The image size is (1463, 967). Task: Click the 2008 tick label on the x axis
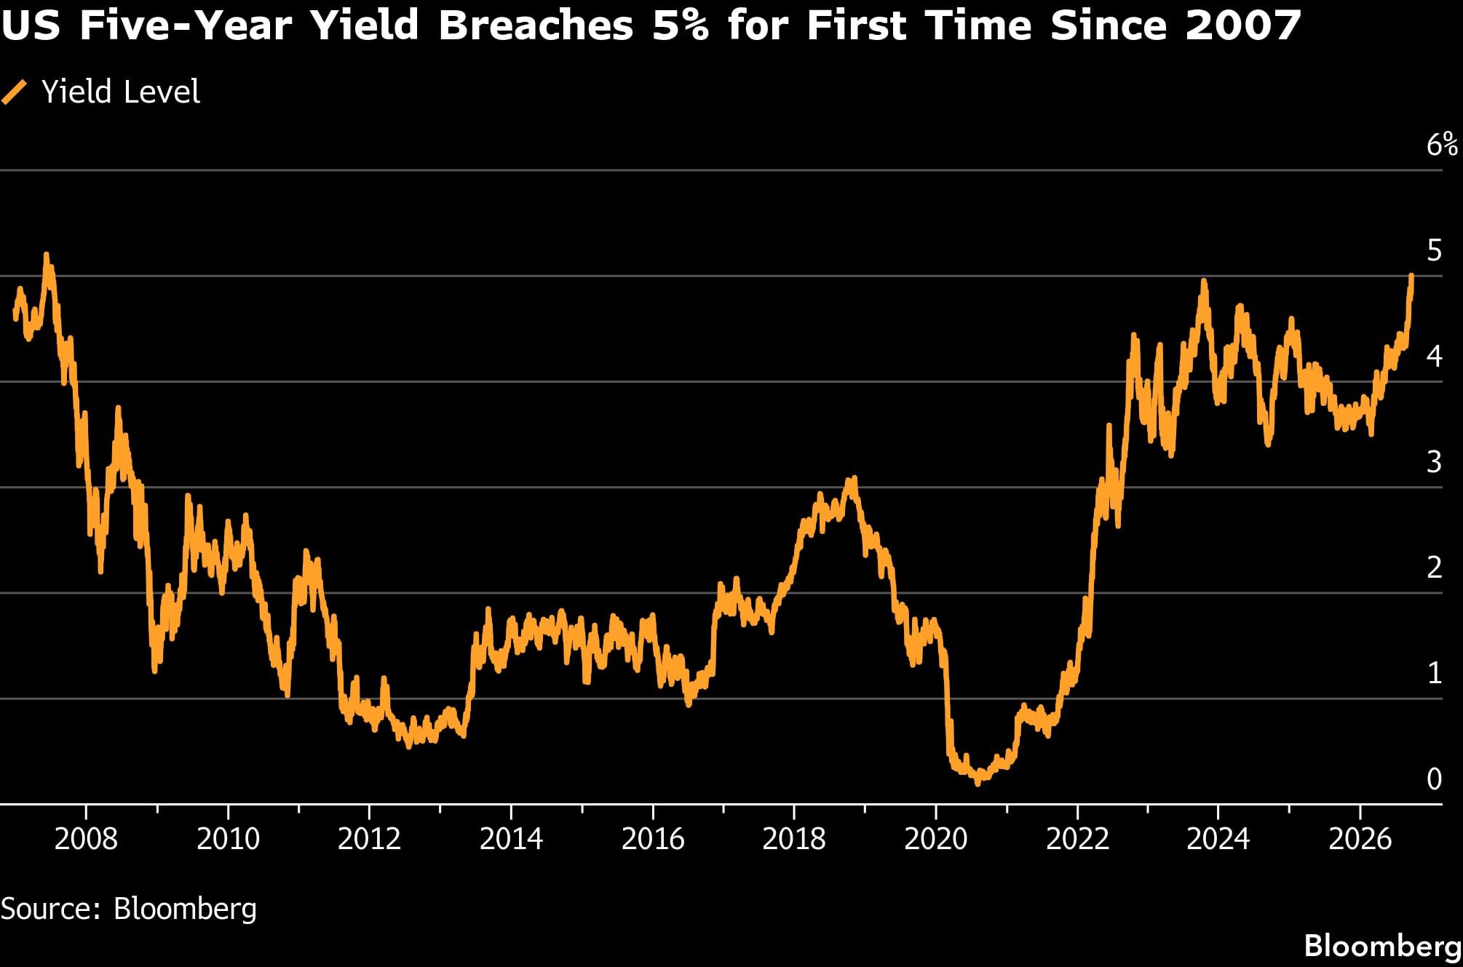click(86, 839)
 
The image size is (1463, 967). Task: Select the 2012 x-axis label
click(369, 839)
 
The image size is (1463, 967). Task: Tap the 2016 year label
click(653, 839)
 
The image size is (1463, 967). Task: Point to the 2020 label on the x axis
click(936, 839)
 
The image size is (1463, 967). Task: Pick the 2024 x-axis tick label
click(1218, 839)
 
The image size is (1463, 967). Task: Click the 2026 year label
click(1360, 839)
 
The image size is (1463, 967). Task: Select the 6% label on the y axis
click(1442, 145)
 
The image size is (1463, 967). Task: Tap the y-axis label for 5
click(1434, 250)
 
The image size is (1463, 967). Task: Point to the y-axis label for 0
click(1434, 779)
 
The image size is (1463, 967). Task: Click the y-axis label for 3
click(1434, 462)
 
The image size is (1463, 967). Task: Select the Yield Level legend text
click(121, 92)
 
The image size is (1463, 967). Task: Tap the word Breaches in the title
click(536, 25)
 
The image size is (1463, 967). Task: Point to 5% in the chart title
click(681, 25)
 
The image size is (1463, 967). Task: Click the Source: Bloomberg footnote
click(129, 909)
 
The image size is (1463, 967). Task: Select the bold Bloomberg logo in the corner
click(1383, 946)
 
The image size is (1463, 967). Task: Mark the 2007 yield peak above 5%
click(47, 255)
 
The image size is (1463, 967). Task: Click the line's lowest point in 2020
click(978, 783)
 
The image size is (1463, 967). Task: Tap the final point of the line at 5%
click(1411, 276)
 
